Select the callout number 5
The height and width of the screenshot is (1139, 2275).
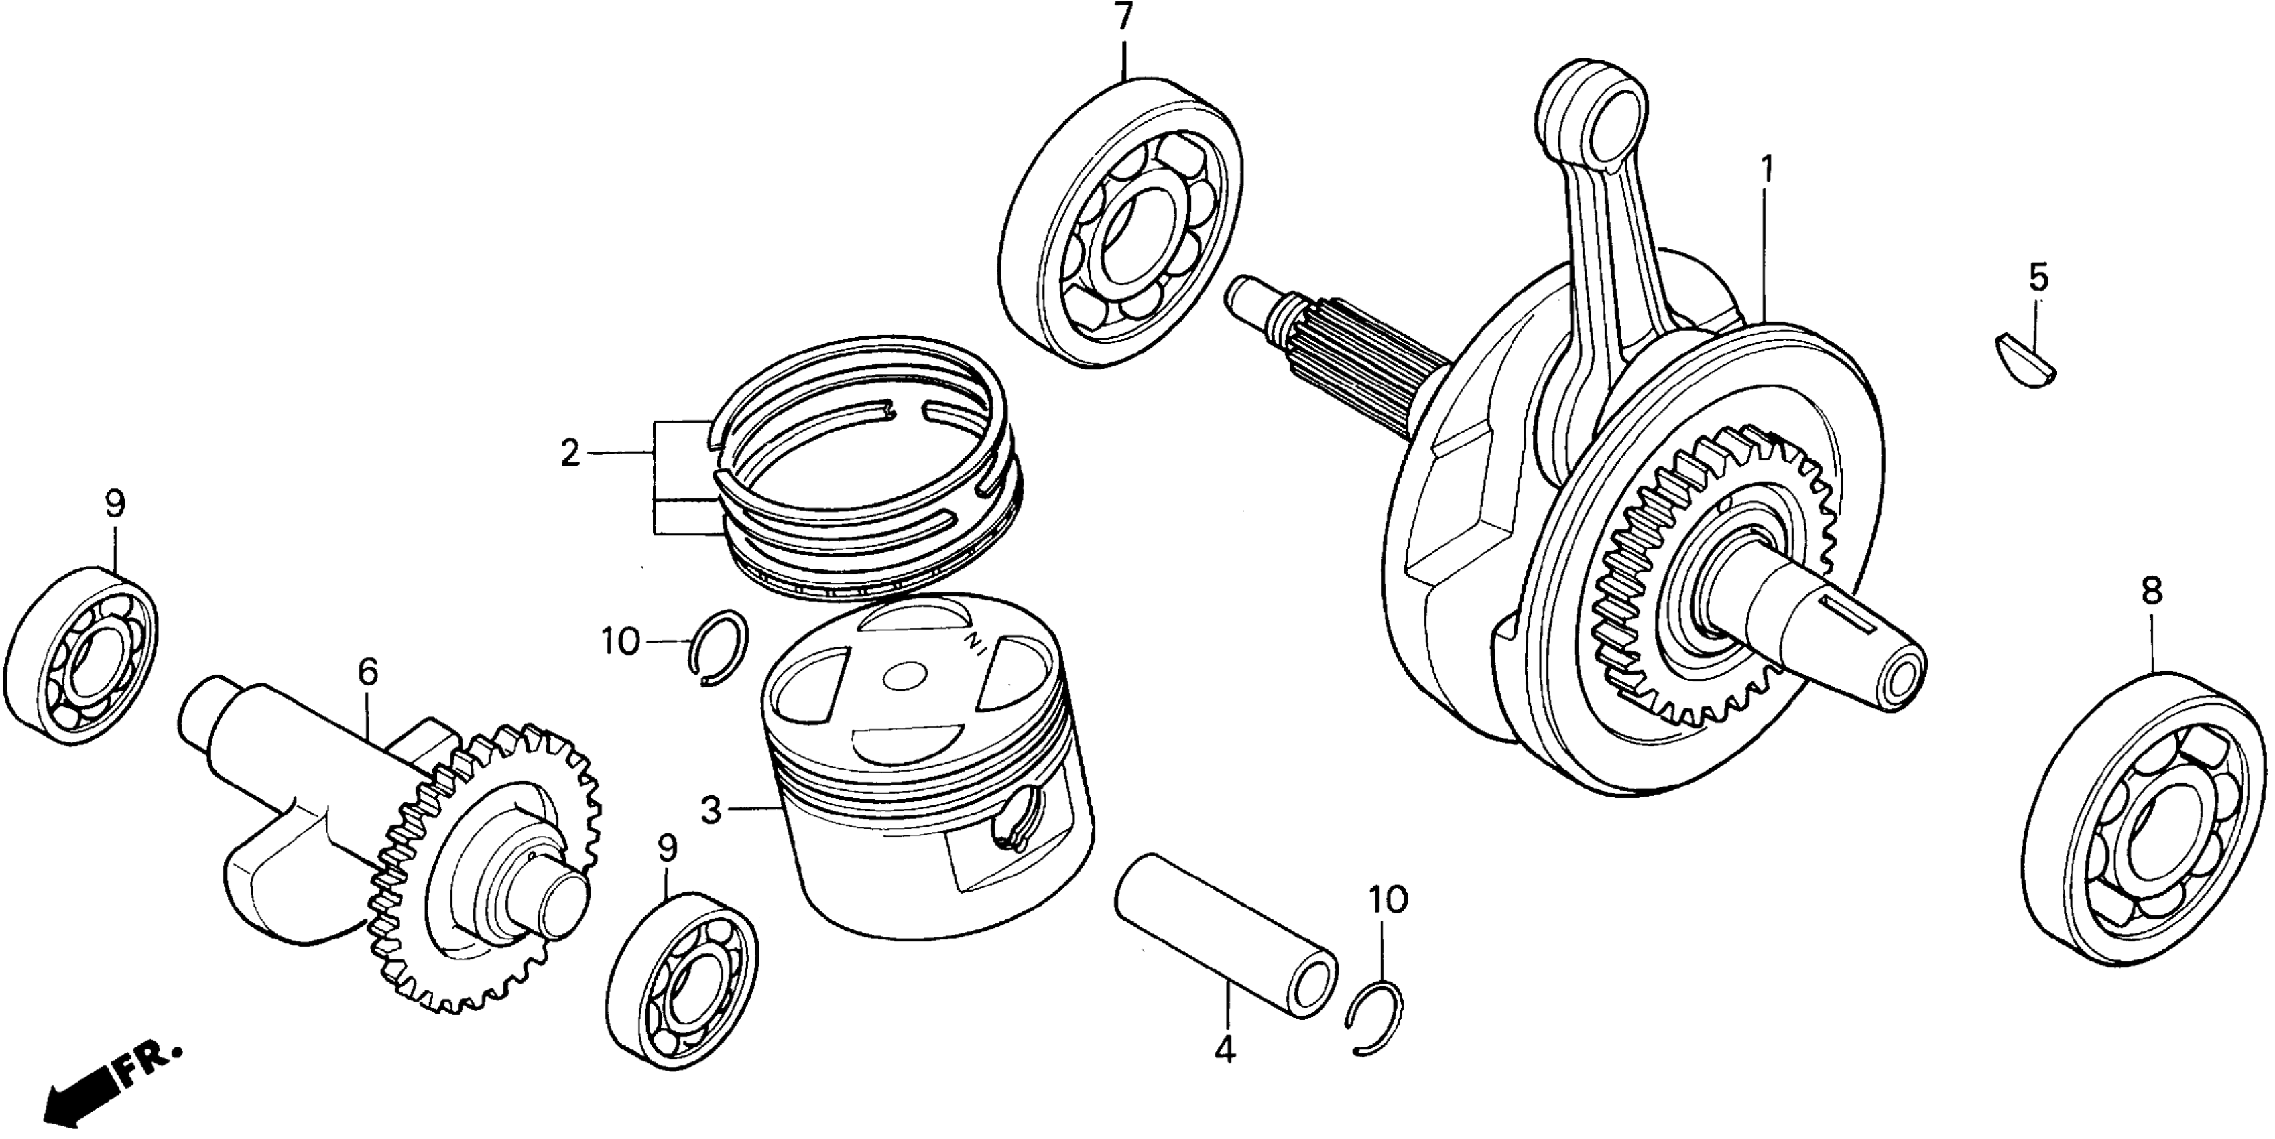click(2038, 277)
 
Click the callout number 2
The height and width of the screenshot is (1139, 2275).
click(570, 454)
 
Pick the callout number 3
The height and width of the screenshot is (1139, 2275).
click(712, 809)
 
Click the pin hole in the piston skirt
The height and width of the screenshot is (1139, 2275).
click(1018, 833)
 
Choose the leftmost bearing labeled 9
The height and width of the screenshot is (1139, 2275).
click(80, 658)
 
